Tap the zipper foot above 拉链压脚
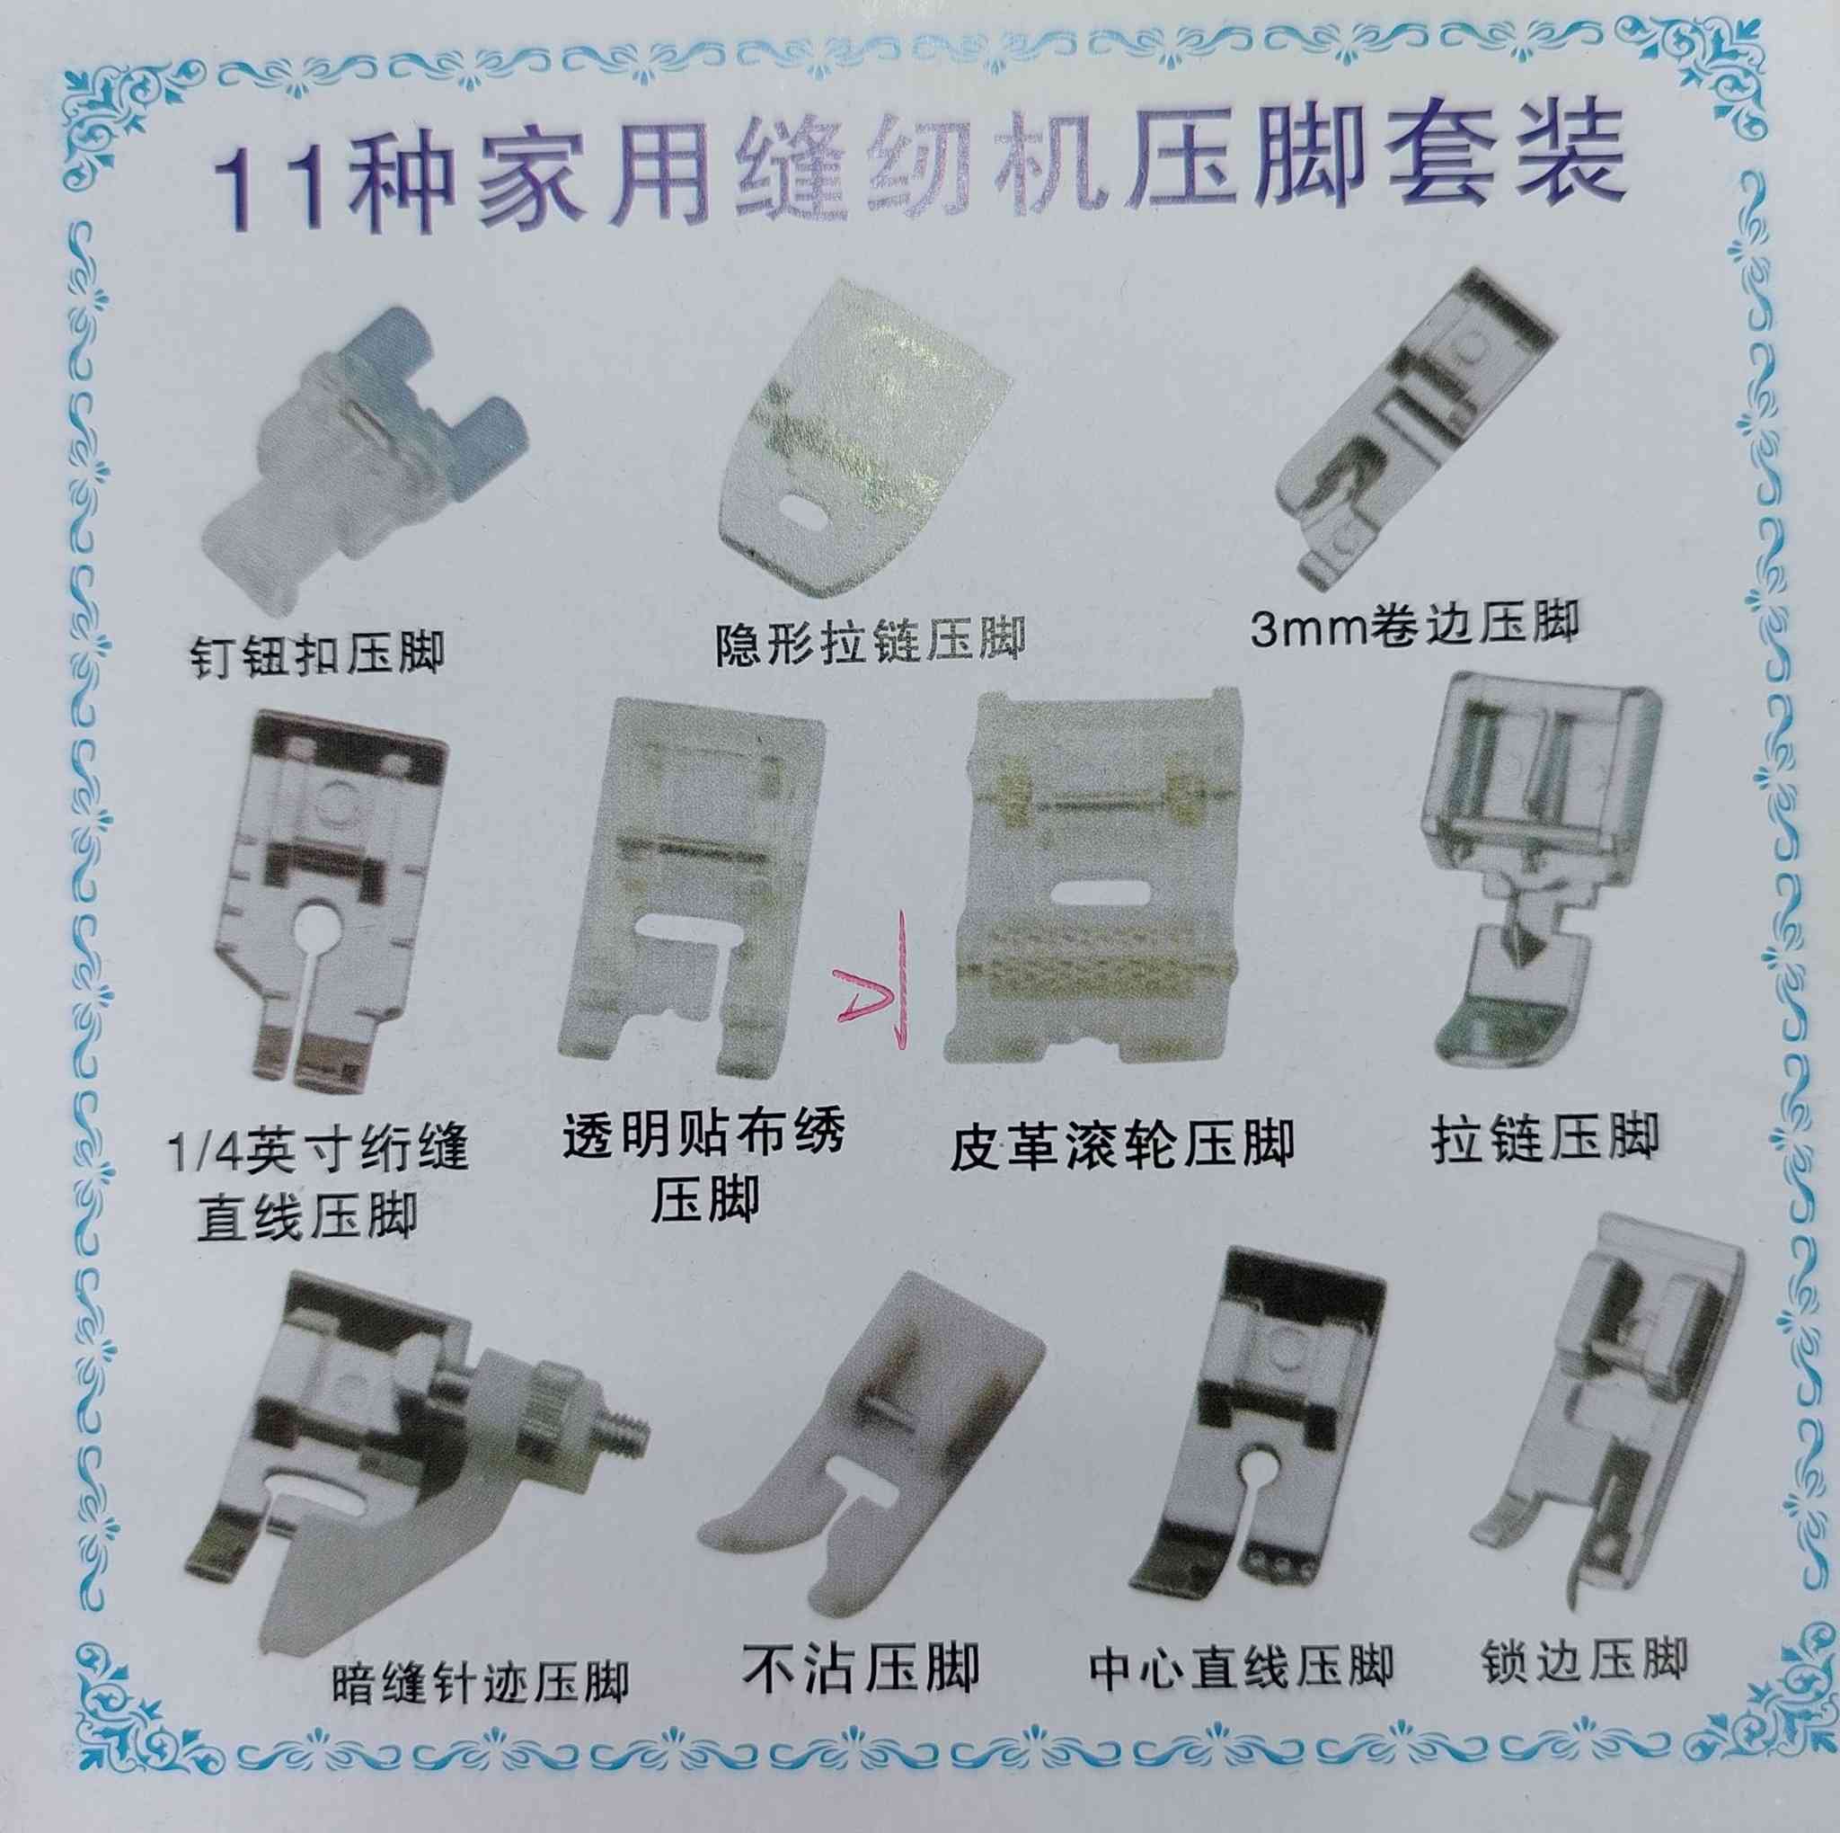point(1549,872)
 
